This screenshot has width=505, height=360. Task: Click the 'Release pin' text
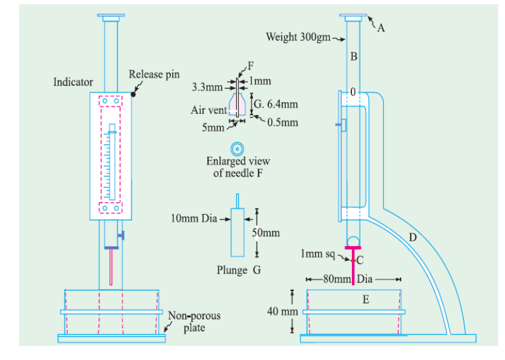(154, 74)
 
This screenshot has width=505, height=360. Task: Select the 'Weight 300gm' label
(298, 37)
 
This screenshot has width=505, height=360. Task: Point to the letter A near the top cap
(381, 27)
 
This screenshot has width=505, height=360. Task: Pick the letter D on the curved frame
(413, 236)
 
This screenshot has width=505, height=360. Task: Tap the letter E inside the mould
(365, 300)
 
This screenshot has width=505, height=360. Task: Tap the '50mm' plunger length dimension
(266, 233)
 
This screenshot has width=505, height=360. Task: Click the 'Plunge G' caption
(240, 270)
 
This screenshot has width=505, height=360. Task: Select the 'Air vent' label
(205, 110)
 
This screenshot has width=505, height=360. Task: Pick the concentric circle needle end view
(237, 148)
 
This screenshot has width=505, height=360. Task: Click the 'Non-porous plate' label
(194, 322)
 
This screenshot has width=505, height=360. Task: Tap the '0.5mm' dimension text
(284, 122)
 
